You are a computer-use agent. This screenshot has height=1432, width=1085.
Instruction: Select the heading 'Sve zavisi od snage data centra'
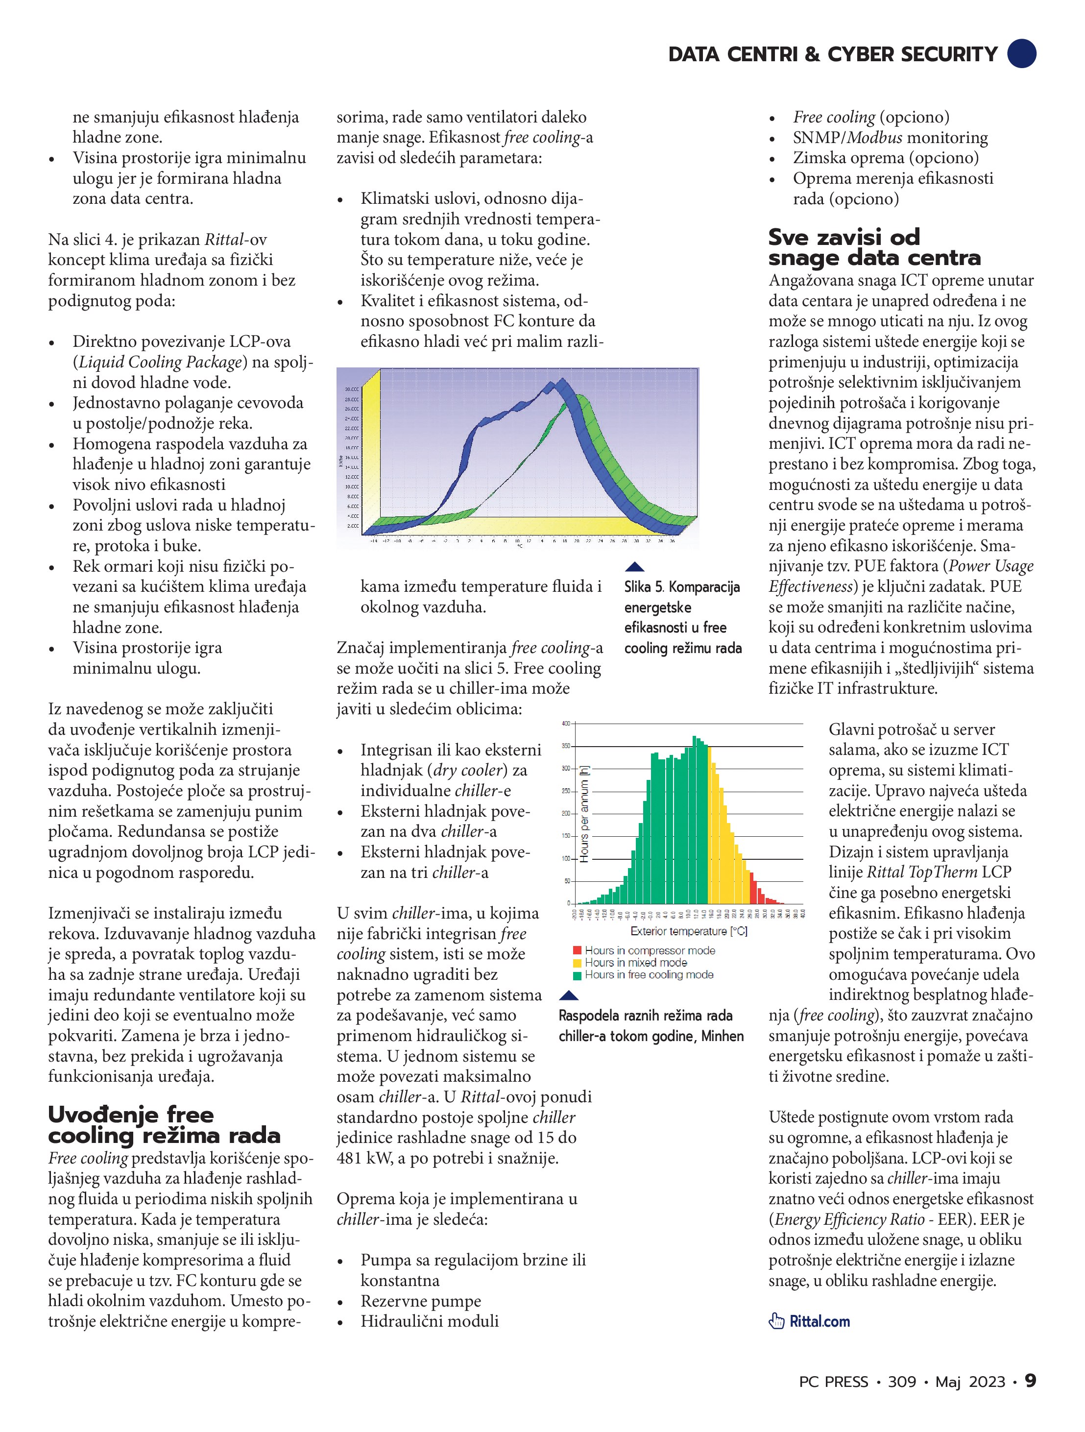pos(874,247)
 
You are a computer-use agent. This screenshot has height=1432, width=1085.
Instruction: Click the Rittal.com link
pos(819,1321)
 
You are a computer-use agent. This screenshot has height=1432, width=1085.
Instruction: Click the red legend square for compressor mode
pos(577,950)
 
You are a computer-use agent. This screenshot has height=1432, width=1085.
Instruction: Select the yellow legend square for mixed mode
pos(577,963)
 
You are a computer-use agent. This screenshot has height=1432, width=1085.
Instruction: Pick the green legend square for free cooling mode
pos(577,975)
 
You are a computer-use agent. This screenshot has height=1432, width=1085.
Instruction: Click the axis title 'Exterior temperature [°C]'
pos(689,931)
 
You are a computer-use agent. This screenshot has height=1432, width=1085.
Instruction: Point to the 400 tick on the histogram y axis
pos(566,724)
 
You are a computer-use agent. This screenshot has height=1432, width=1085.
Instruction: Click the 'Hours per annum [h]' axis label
pos(584,814)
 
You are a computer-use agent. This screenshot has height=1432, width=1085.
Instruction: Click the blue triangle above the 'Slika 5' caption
pos(634,567)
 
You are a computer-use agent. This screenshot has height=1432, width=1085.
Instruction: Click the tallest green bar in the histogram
pos(694,820)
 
